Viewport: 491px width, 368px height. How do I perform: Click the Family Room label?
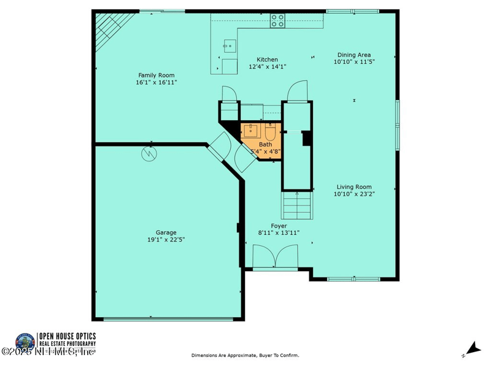click(x=152, y=75)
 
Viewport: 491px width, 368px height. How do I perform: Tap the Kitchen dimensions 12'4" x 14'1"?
click(x=267, y=67)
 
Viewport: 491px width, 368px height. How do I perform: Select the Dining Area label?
click(x=354, y=55)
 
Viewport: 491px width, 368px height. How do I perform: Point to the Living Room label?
click(x=354, y=187)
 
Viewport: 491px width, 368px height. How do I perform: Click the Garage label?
click(x=166, y=232)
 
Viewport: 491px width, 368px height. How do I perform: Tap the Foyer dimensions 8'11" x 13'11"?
click(x=279, y=233)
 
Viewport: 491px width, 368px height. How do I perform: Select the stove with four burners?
click(x=278, y=21)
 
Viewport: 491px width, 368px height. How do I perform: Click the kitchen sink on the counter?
click(x=230, y=44)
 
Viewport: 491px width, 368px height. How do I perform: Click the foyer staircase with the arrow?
click(x=297, y=205)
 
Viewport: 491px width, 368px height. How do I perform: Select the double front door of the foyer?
click(x=276, y=256)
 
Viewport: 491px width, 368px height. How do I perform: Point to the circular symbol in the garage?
click(x=150, y=154)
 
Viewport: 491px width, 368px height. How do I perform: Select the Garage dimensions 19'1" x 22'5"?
click(x=166, y=240)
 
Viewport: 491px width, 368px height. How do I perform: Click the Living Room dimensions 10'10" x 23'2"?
click(x=354, y=194)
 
